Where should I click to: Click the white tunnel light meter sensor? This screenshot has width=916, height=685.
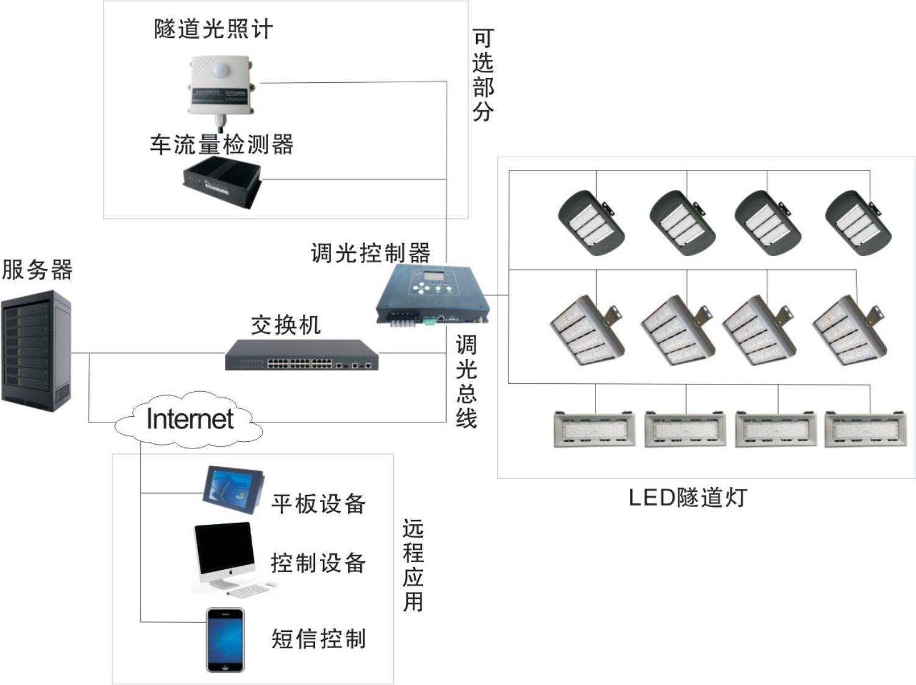tap(218, 85)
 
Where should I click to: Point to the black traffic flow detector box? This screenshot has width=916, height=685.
tap(222, 180)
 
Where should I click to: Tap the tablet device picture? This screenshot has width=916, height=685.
tap(232, 491)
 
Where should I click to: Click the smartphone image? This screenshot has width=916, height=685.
tap(225, 639)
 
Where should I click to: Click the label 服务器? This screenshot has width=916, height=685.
tap(37, 269)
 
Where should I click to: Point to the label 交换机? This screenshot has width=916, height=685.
tap(285, 325)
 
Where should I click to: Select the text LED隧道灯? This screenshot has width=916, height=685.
tap(687, 498)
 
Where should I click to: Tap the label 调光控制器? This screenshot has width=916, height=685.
tap(370, 252)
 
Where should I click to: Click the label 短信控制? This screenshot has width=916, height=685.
tap(318, 639)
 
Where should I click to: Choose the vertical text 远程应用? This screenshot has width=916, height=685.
tap(413, 565)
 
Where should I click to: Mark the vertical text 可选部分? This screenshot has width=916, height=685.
tap(482, 75)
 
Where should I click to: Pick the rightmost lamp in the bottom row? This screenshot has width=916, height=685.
tap(865, 429)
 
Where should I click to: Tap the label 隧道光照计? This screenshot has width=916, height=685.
tap(213, 29)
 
